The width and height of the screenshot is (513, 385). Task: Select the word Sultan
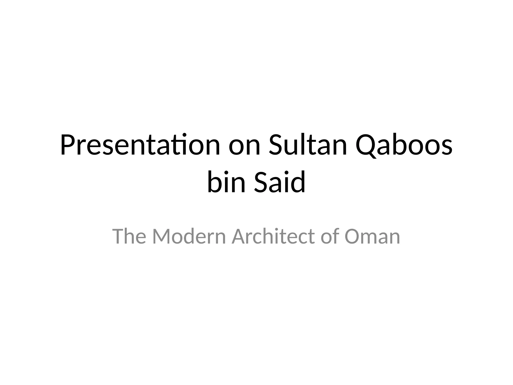tap(308, 145)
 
